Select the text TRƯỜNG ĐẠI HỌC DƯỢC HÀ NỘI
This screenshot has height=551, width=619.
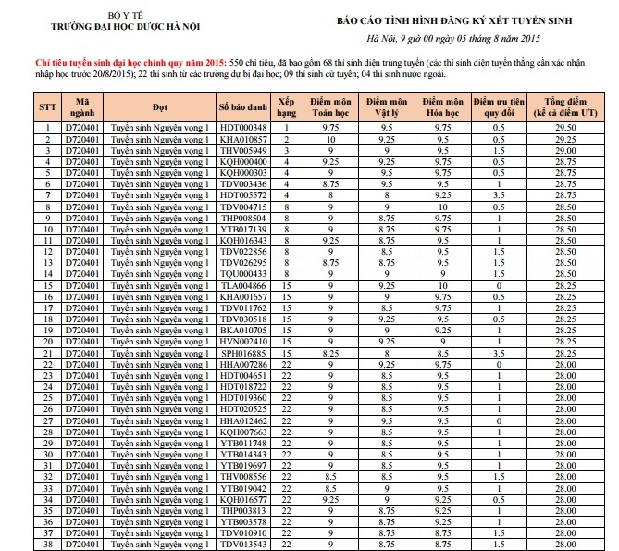click(114, 29)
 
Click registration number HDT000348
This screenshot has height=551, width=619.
click(243, 127)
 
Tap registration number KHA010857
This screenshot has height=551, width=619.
click(243, 139)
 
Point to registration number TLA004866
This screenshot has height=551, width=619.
click(243, 286)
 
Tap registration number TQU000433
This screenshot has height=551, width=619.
click(243, 274)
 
